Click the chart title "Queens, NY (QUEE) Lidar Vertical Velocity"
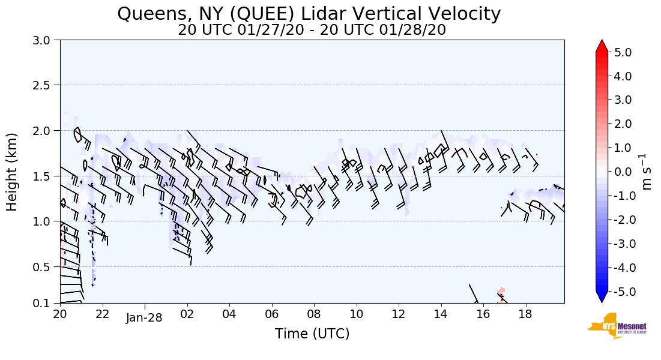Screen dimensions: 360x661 pos(309,14)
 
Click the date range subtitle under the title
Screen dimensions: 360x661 pos(312,30)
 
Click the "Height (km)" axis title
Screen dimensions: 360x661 pos(13,172)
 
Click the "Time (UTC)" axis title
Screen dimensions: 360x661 pos(312,334)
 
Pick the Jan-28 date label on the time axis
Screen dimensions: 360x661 pos(144,318)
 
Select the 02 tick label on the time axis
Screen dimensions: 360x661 pos(187,314)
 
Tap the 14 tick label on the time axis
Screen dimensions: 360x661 pos(441,314)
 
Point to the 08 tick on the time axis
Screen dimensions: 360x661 pos(314,314)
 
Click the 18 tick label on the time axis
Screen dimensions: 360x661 pos(525,314)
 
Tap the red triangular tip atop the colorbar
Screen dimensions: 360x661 pos(602,46)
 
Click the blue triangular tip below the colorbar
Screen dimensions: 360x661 pos(602,297)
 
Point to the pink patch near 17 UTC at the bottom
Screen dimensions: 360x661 pos(501,292)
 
